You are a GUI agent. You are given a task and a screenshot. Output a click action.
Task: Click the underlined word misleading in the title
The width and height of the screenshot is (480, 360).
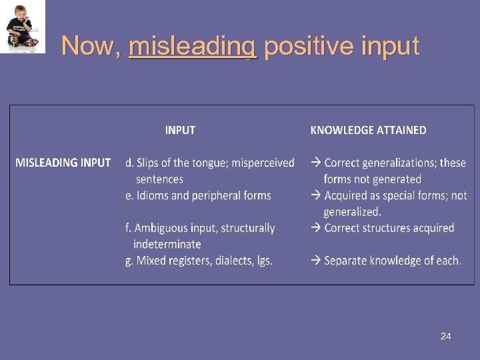(193, 46)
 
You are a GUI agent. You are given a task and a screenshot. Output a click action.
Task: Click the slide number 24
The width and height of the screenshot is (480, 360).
(445, 336)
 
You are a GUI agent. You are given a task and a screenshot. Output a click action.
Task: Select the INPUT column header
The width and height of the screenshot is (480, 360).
(180, 130)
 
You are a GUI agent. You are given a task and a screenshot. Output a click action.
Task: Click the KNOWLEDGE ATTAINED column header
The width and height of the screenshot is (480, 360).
(368, 130)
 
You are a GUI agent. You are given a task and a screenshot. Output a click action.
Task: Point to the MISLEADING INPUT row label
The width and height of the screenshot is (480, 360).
(63, 163)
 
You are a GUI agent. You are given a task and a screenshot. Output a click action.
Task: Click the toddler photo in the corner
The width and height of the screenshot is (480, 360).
(23, 27)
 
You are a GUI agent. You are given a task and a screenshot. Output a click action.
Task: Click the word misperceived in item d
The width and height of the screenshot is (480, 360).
(263, 163)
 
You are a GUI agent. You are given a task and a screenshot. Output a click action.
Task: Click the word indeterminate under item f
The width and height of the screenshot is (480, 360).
(167, 244)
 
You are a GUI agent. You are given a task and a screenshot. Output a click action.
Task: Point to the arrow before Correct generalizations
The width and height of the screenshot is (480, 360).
(316, 163)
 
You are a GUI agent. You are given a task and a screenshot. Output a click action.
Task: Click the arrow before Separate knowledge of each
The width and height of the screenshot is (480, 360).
(316, 261)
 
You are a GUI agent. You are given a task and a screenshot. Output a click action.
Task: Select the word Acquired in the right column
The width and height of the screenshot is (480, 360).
(349, 195)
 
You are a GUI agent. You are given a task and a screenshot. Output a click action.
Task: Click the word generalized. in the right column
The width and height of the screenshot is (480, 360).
(353, 212)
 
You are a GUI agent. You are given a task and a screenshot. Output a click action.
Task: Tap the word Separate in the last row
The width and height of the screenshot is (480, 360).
(347, 261)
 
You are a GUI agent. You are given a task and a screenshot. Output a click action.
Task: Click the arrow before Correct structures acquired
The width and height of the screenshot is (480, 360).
(316, 228)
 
